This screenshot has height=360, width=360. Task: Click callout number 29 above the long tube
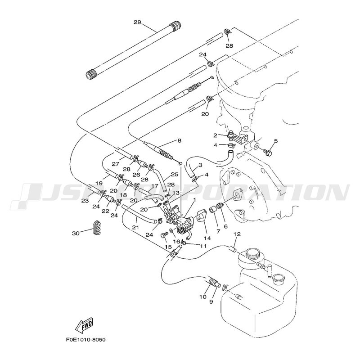click(x=138, y=22)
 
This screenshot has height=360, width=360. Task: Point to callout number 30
click(x=75, y=233)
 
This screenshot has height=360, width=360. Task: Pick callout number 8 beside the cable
click(x=179, y=141)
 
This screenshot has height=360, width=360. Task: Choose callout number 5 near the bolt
click(x=275, y=141)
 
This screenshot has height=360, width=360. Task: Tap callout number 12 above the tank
click(x=237, y=234)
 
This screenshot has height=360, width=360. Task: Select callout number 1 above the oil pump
click(x=194, y=200)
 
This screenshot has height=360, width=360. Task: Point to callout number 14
click(x=207, y=238)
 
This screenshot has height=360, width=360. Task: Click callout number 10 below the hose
click(x=202, y=297)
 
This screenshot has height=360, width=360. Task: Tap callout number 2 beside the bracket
click(x=216, y=135)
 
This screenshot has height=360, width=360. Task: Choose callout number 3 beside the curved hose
click(x=200, y=165)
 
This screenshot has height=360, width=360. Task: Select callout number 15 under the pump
click(x=167, y=247)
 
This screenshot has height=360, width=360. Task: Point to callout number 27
click(x=115, y=164)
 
